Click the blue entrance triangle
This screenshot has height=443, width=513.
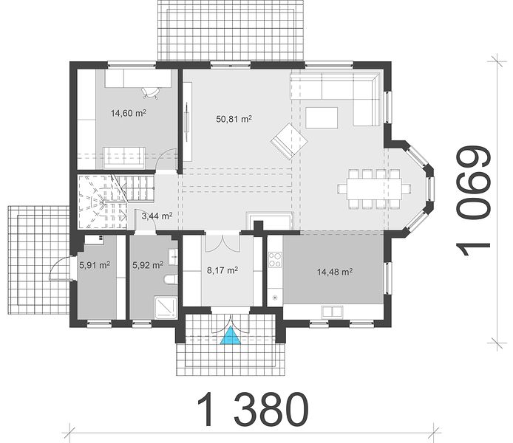point(231,337)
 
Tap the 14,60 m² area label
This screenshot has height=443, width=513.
point(129,114)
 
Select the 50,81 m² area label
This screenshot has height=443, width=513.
point(234,119)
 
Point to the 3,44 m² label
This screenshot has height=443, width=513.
point(157,216)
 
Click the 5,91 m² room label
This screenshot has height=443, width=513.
point(94,265)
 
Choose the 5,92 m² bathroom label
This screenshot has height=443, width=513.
point(148,265)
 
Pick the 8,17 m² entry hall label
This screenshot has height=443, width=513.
point(222,270)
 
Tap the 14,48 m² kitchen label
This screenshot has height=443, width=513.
point(335,272)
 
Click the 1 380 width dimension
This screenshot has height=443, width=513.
point(253,410)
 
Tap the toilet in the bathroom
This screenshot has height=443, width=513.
point(170,279)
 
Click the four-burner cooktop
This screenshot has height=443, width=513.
point(275,259)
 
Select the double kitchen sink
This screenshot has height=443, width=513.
point(333,312)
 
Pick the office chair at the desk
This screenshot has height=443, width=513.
point(150,92)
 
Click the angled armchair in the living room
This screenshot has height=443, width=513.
point(289,141)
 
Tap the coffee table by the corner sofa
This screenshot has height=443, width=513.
point(322,117)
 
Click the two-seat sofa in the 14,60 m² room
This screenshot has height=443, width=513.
point(124,158)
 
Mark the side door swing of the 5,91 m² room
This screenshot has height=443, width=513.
point(59,268)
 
